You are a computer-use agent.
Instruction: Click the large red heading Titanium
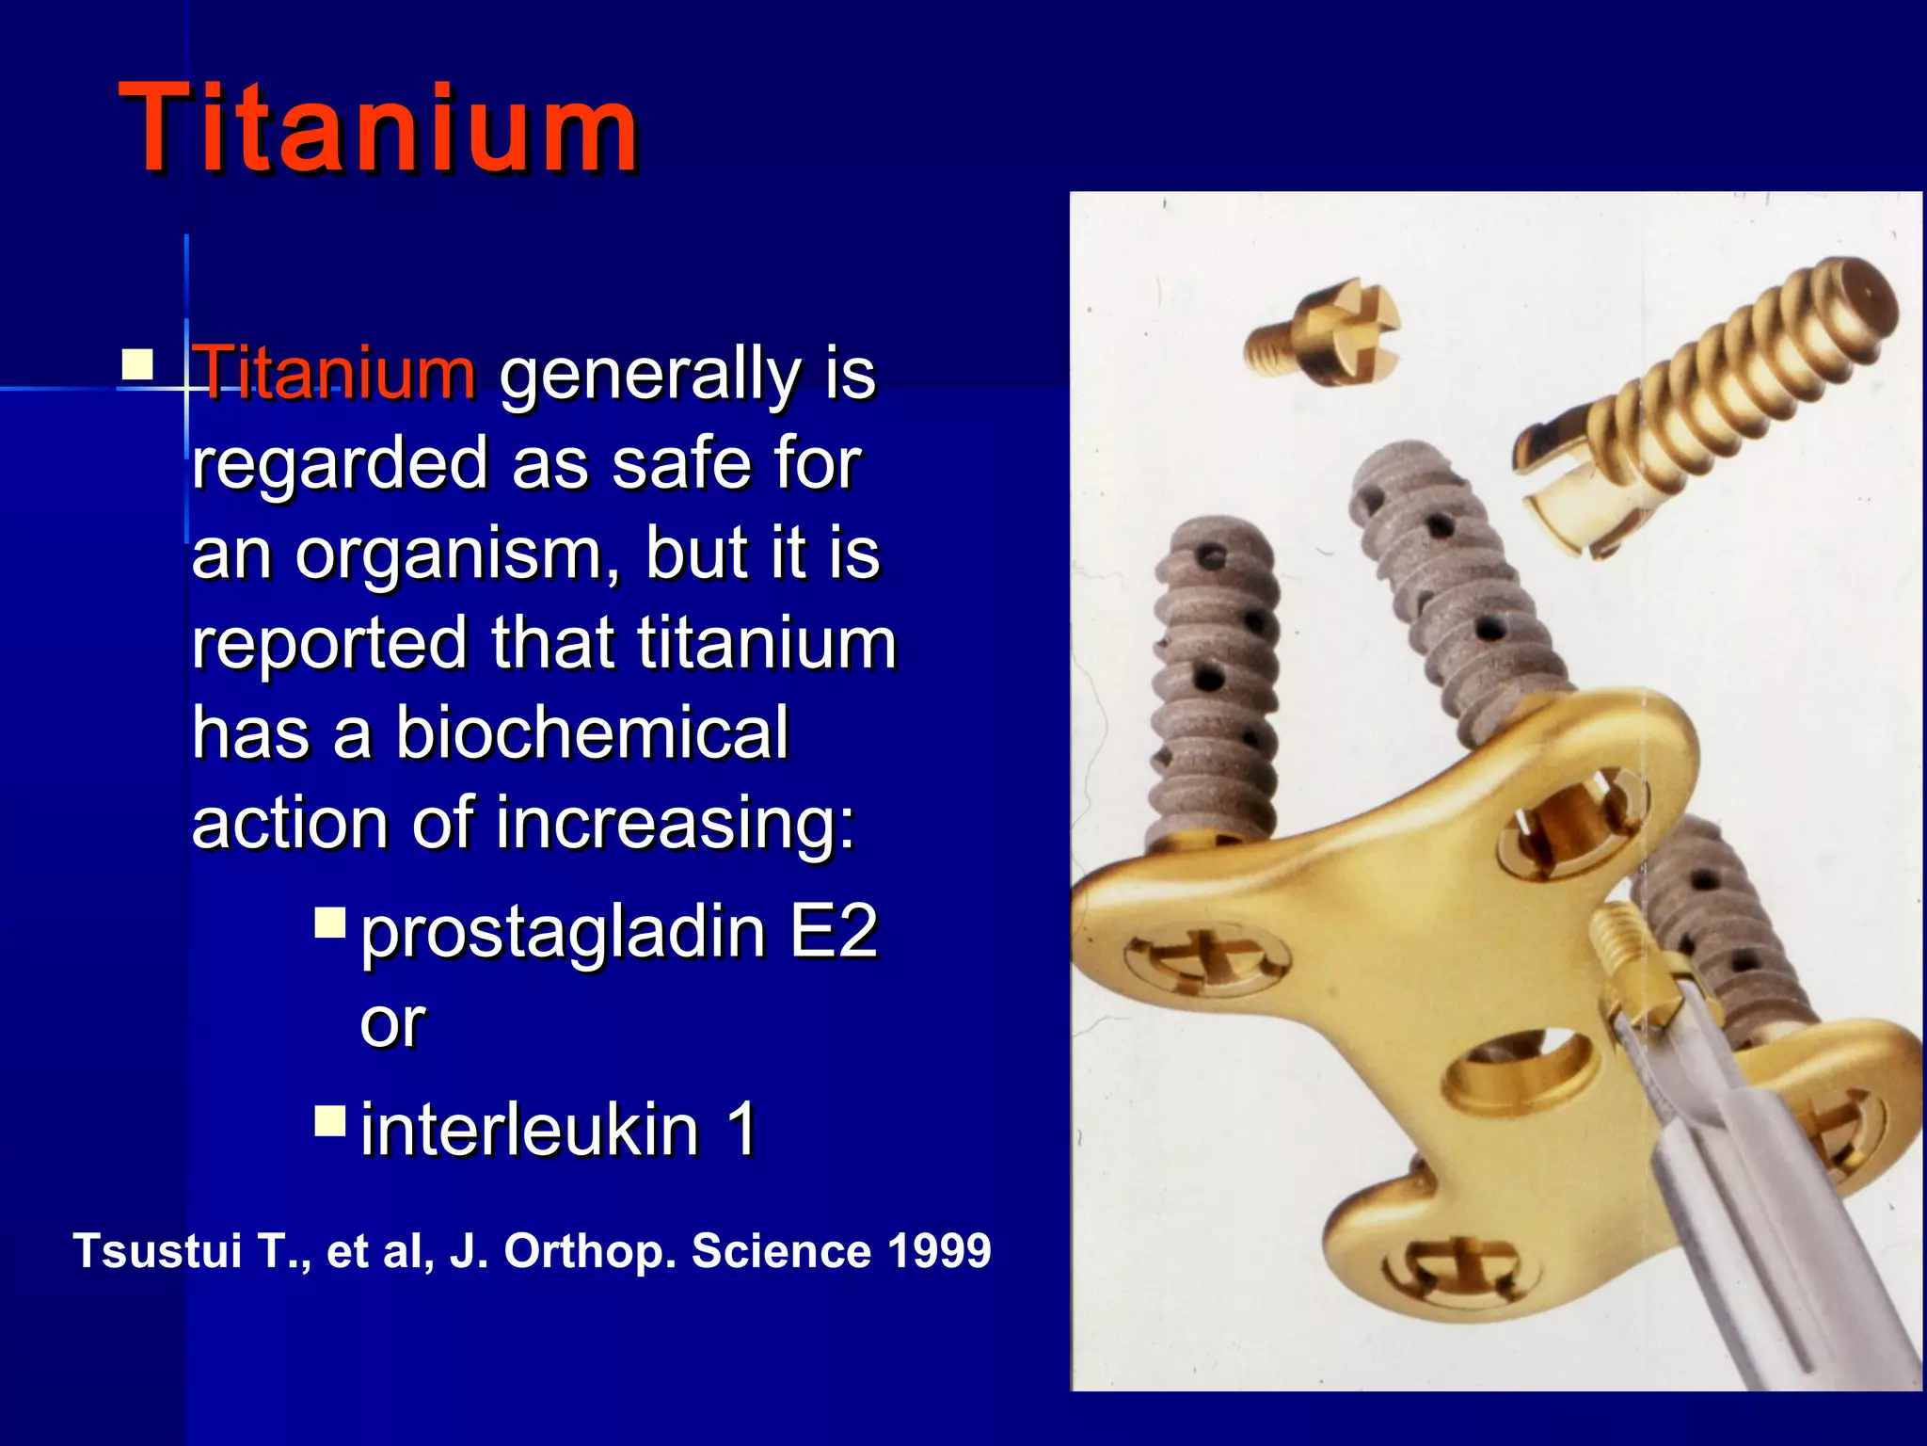[x=378, y=128]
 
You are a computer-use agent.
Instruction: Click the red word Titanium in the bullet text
[x=335, y=373]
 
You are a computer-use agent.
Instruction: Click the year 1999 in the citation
[x=939, y=1251]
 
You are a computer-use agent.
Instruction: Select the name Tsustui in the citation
[x=158, y=1251]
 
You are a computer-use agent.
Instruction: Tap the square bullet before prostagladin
[x=330, y=923]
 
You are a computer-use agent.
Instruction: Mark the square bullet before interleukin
[x=330, y=1120]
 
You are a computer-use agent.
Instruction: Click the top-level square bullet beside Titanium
[x=137, y=364]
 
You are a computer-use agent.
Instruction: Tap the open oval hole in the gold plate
[x=1520, y=1068]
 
